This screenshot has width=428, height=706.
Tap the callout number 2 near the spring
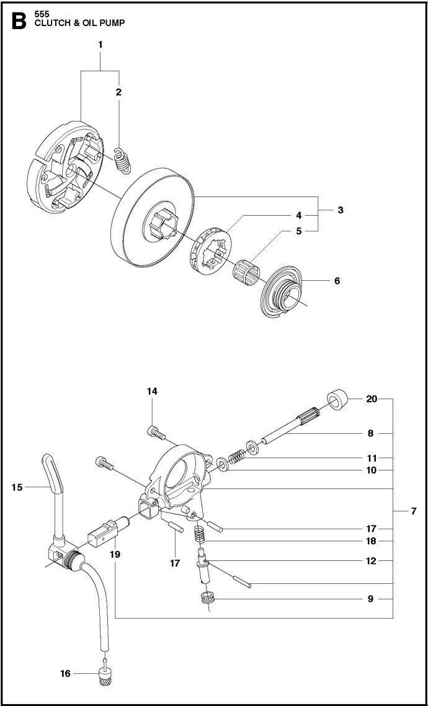click(x=118, y=91)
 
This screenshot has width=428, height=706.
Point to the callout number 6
click(x=337, y=280)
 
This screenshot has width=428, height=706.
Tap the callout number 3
click(x=341, y=210)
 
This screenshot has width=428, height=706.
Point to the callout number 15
click(x=17, y=487)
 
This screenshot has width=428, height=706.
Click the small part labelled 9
click(x=207, y=599)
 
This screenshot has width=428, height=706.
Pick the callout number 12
click(x=371, y=561)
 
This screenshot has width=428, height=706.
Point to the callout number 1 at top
click(x=100, y=44)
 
